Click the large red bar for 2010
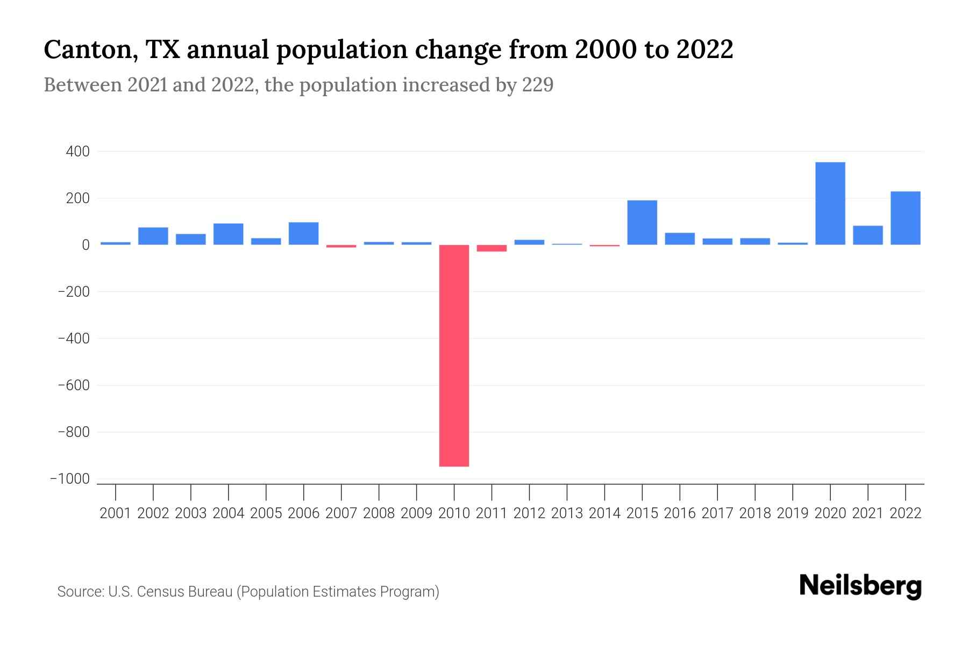click(454, 355)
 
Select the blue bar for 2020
click(830, 203)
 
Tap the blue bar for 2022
click(905, 218)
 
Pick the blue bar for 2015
click(642, 223)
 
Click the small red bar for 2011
click(492, 248)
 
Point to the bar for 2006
click(303, 233)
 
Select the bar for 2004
click(228, 234)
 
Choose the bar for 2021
click(867, 235)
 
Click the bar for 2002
click(153, 236)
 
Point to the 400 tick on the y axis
click(77, 152)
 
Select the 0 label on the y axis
click(86, 245)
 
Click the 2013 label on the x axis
click(567, 513)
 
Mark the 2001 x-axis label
click(115, 513)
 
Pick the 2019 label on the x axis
click(792, 513)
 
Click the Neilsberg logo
click(860, 586)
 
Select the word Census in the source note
click(161, 592)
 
